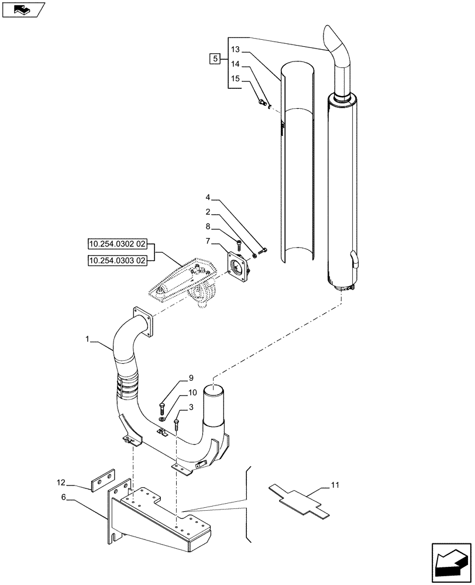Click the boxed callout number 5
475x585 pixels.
tap(215, 58)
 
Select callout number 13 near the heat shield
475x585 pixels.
tap(235, 49)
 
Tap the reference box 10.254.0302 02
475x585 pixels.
tap(118, 243)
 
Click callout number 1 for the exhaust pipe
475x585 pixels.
tap(88, 339)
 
